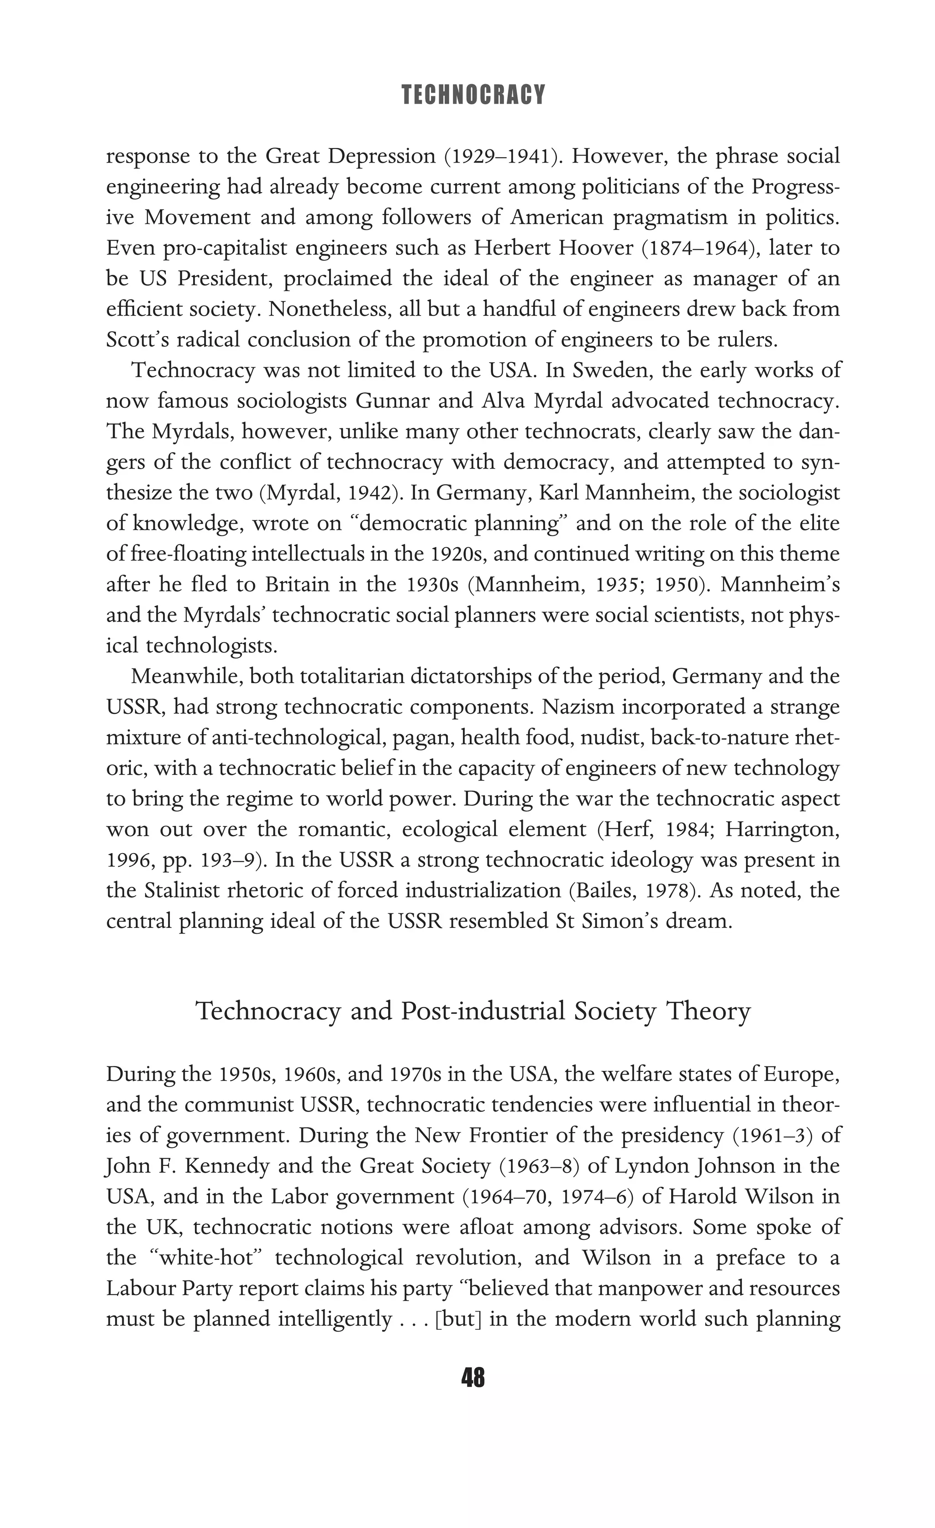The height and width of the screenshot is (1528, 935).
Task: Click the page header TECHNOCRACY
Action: [473, 95]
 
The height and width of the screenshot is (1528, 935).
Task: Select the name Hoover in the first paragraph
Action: [596, 248]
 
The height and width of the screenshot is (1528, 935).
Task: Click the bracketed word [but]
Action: [459, 1319]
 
